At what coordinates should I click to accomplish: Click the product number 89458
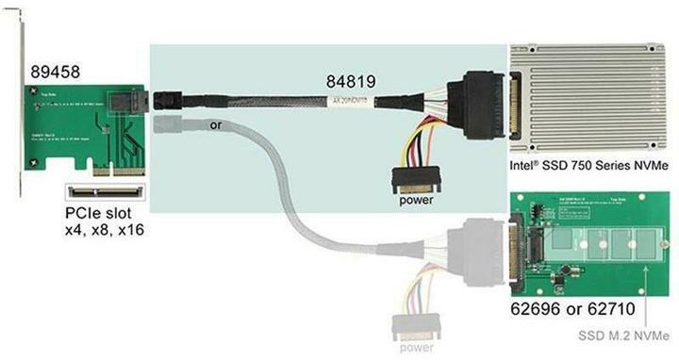pos(54,71)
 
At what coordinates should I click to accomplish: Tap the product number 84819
pos(352,82)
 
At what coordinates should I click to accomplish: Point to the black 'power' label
pos(415,199)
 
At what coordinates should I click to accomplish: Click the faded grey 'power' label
pos(416,347)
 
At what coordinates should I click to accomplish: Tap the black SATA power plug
pos(415,177)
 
